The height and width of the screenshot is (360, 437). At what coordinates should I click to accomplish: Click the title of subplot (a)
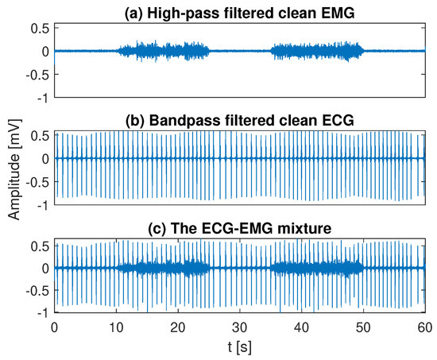coord(239,10)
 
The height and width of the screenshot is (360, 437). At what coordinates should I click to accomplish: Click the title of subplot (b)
coord(239,120)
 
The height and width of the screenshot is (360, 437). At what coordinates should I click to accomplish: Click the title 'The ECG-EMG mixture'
coord(239,229)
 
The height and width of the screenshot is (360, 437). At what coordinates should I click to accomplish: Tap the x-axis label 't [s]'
coord(239,347)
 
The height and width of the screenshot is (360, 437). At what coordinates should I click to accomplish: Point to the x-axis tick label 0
coord(54,327)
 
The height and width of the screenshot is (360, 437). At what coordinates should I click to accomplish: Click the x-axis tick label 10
coord(116,327)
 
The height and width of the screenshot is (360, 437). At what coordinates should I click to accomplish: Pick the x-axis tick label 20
coord(178,327)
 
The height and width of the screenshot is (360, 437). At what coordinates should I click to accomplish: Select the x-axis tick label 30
coord(240,327)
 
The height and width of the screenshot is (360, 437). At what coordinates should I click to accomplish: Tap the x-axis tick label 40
coord(301,327)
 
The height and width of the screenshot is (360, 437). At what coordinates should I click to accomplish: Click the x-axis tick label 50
coord(363,327)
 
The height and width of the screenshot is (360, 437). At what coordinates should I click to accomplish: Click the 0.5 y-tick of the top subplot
coord(40,28)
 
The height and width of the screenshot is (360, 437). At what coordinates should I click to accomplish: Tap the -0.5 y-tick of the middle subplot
coord(37,182)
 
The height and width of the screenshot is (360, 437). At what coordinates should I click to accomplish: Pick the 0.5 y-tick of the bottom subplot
coord(40,245)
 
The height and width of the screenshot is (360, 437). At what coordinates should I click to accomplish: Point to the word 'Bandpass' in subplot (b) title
coord(198,120)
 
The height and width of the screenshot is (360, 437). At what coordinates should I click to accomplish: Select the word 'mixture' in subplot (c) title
coord(300,229)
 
